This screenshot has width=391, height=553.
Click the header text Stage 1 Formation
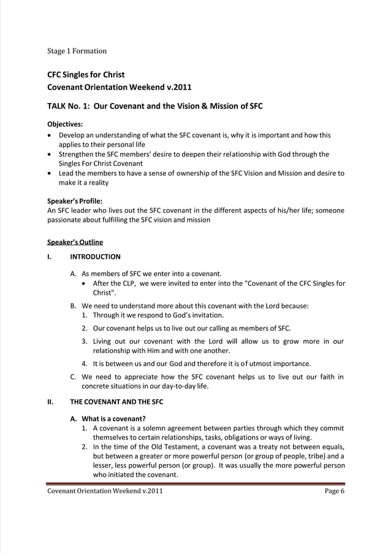tap(77, 51)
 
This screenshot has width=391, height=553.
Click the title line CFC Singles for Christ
tap(86, 75)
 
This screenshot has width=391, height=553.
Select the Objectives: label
tap(66, 123)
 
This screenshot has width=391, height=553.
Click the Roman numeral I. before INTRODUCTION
tap(50, 257)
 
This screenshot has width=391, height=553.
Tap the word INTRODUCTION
tap(95, 257)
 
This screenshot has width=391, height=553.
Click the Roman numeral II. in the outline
tap(50, 402)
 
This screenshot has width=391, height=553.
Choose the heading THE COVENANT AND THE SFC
tap(116, 402)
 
